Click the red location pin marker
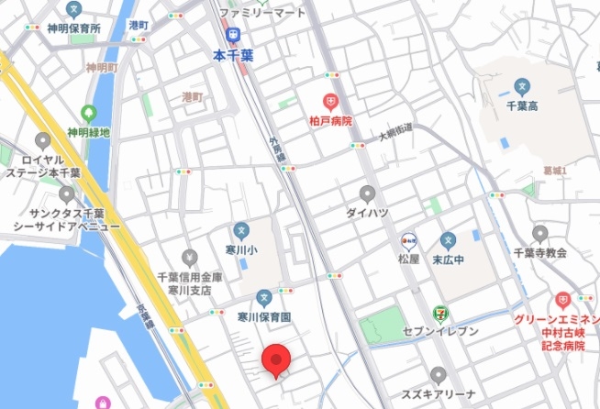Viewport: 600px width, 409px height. pyautogui.click(x=277, y=359)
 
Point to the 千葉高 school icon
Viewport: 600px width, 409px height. pyautogui.click(x=521, y=88)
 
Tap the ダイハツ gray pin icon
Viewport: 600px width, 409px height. pyautogui.click(x=367, y=193)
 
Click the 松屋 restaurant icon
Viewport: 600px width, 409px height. pyautogui.click(x=409, y=242)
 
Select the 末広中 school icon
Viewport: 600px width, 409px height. pyautogui.click(x=447, y=241)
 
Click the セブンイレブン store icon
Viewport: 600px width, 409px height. pyautogui.click(x=442, y=313)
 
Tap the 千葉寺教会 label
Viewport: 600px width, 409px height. pyautogui.click(x=539, y=252)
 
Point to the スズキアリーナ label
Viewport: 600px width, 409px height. pyautogui.click(x=438, y=395)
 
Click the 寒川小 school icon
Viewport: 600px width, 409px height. pyautogui.click(x=240, y=230)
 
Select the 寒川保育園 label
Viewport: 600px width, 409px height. pyautogui.click(x=264, y=316)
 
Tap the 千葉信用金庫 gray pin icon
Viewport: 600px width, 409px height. pyautogui.click(x=190, y=257)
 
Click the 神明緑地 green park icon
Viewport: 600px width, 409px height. pyautogui.click(x=89, y=114)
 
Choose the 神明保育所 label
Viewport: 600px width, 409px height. pyautogui.click(x=74, y=28)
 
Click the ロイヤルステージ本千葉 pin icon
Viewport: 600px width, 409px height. pyautogui.click(x=42, y=141)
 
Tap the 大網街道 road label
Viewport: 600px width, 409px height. pyautogui.click(x=396, y=134)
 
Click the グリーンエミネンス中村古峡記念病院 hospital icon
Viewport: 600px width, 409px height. pyautogui.click(x=561, y=301)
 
